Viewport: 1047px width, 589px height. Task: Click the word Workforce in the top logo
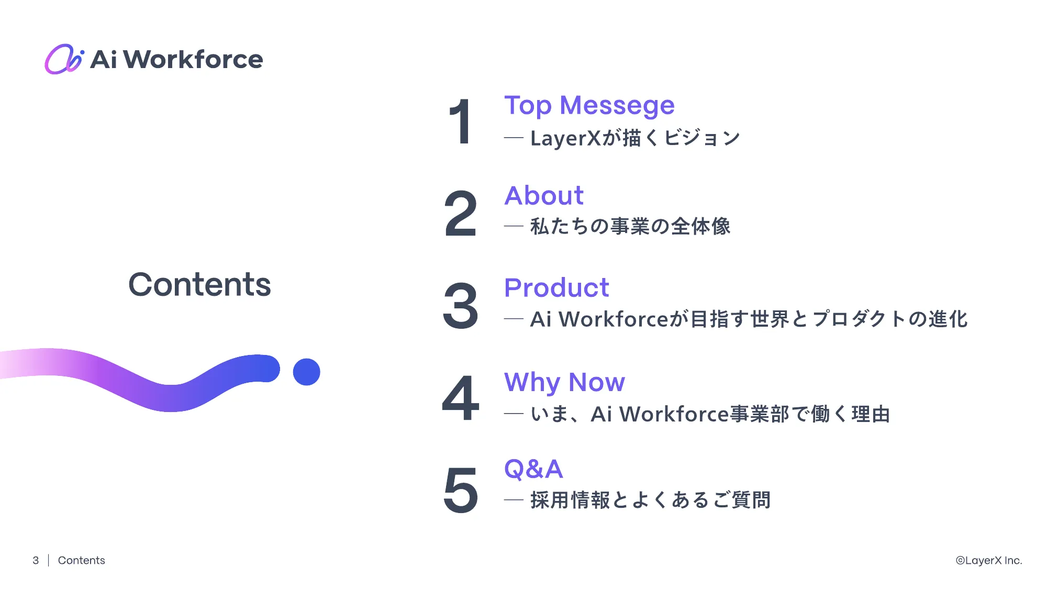click(193, 59)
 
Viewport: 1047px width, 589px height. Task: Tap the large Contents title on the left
click(199, 284)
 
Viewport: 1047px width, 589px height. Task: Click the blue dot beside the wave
click(306, 372)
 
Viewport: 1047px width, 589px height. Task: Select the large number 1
click(461, 122)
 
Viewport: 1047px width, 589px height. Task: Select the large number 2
click(461, 214)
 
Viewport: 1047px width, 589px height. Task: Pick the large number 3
click(461, 306)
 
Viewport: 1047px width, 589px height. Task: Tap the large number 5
click(461, 490)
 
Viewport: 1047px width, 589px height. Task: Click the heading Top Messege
click(589, 105)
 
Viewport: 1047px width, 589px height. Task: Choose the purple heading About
click(543, 196)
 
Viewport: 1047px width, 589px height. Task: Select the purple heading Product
click(556, 288)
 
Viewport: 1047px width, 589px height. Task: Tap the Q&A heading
click(533, 469)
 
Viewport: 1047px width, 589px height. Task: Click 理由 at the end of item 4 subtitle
click(871, 414)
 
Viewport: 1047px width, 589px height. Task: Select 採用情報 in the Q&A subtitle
click(570, 500)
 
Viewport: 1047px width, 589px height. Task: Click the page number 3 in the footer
click(36, 560)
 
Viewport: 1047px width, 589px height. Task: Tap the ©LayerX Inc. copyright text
click(988, 560)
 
